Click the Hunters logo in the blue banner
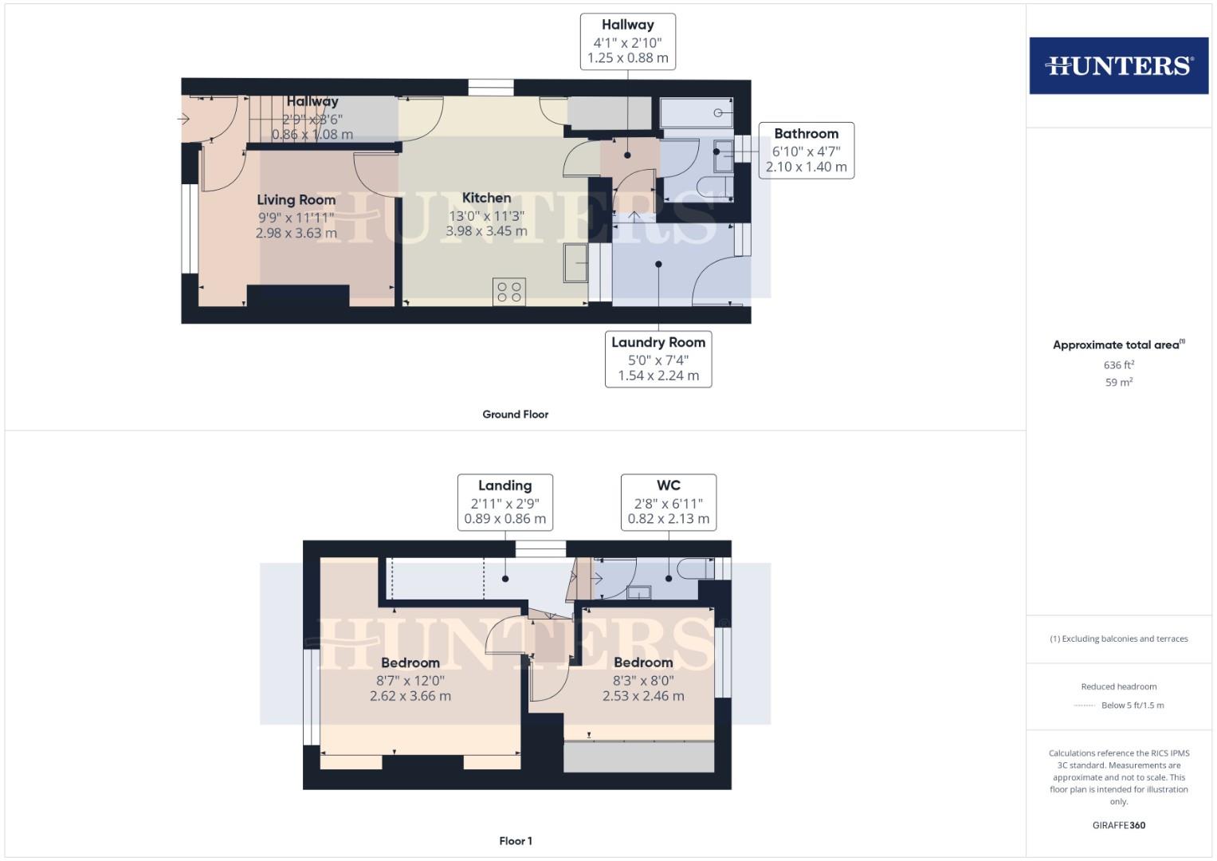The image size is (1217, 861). click(1118, 65)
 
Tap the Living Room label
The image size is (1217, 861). click(296, 200)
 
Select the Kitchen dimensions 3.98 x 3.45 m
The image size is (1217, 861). click(486, 231)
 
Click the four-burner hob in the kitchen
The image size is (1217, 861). click(509, 293)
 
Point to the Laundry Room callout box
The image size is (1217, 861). click(658, 360)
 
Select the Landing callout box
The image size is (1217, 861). click(504, 502)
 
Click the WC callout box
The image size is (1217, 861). click(669, 502)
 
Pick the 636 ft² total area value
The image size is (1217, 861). click(1119, 365)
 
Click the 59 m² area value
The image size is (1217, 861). click(1119, 383)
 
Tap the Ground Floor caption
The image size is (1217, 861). click(516, 415)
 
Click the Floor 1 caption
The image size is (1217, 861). click(516, 841)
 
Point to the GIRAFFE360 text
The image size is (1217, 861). click(1119, 825)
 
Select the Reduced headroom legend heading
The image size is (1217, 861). click(1119, 686)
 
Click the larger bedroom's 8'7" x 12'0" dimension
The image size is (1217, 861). click(410, 681)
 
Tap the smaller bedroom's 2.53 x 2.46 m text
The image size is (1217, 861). click(643, 696)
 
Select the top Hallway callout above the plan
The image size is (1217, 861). click(628, 41)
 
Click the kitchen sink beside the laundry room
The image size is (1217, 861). click(575, 263)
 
